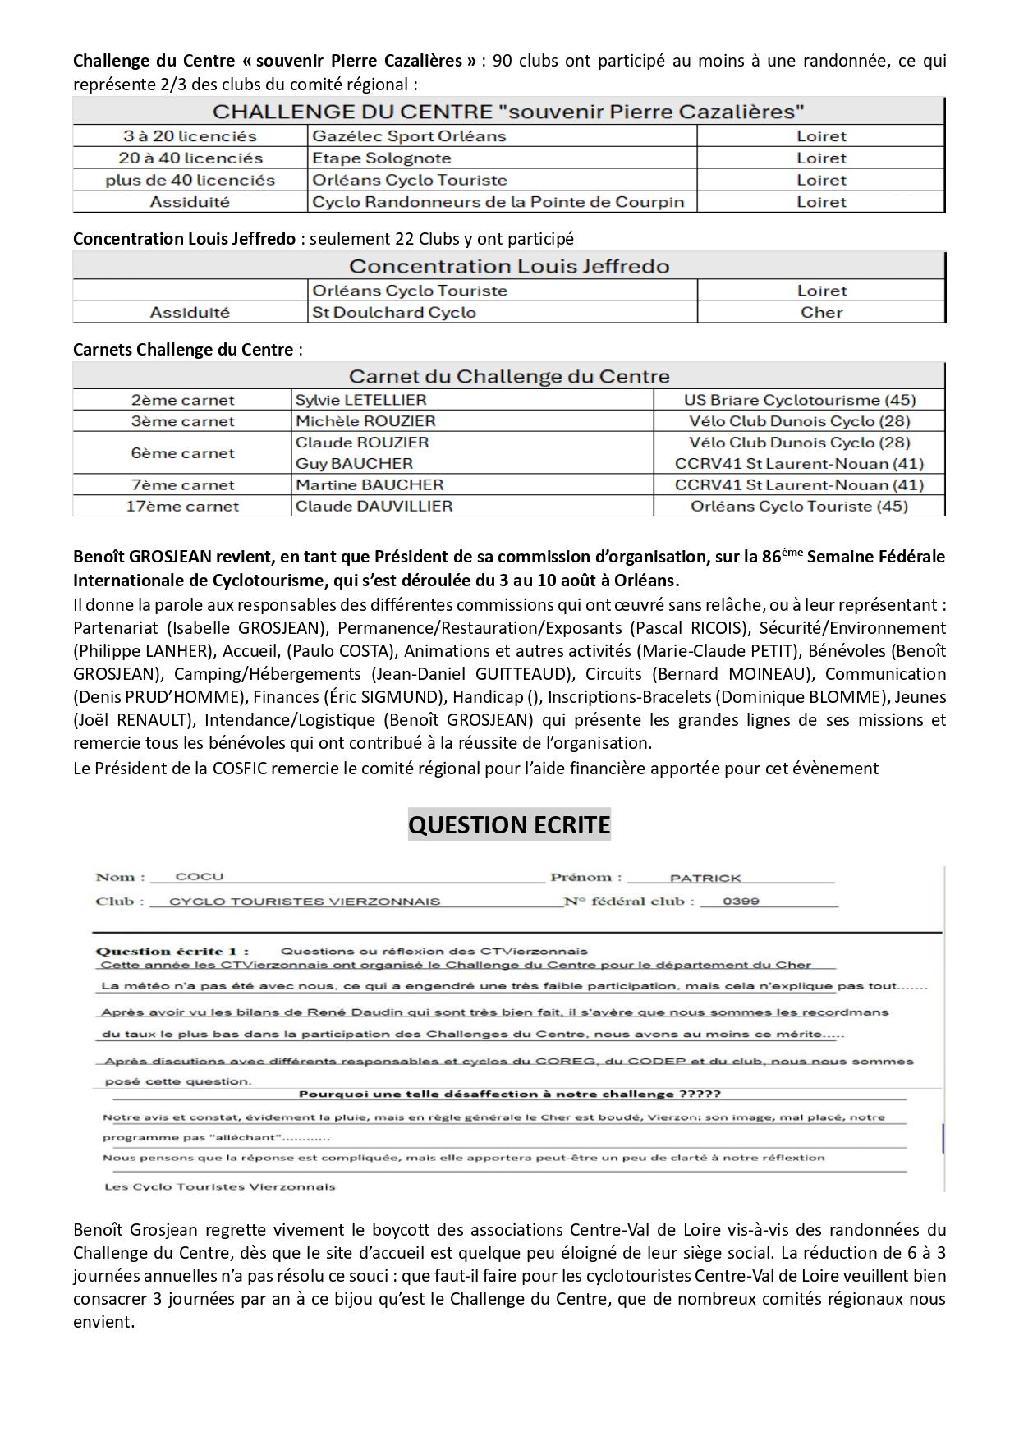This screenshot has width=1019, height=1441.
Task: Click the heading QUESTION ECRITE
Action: click(509, 824)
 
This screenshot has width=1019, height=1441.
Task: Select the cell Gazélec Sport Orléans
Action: click(409, 136)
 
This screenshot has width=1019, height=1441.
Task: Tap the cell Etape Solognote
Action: click(382, 158)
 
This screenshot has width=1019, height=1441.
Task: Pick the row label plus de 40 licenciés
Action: click(190, 180)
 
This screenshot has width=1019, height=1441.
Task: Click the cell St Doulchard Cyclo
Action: click(393, 312)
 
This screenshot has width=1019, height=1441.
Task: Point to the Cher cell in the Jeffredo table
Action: click(821, 312)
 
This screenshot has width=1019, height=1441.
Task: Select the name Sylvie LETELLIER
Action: click(360, 400)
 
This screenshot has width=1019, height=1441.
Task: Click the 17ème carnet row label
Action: click(182, 506)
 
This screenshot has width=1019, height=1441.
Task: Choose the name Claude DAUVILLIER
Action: click(374, 506)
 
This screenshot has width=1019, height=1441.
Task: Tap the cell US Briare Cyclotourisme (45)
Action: click(799, 400)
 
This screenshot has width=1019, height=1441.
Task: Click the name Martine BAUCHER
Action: click(370, 484)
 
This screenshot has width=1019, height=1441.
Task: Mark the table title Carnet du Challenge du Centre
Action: click(509, 376)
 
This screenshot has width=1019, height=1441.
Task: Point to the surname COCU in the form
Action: click(200, 877)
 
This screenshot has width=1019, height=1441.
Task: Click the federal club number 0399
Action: click(741, 901)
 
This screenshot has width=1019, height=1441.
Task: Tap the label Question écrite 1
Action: click(172, 952)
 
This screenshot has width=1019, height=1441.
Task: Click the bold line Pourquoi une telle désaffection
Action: click(509, 1095)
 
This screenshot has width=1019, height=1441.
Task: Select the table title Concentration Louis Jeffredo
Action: click(509, 266)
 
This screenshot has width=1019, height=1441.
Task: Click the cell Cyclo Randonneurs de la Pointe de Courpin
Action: click(498, 202)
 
